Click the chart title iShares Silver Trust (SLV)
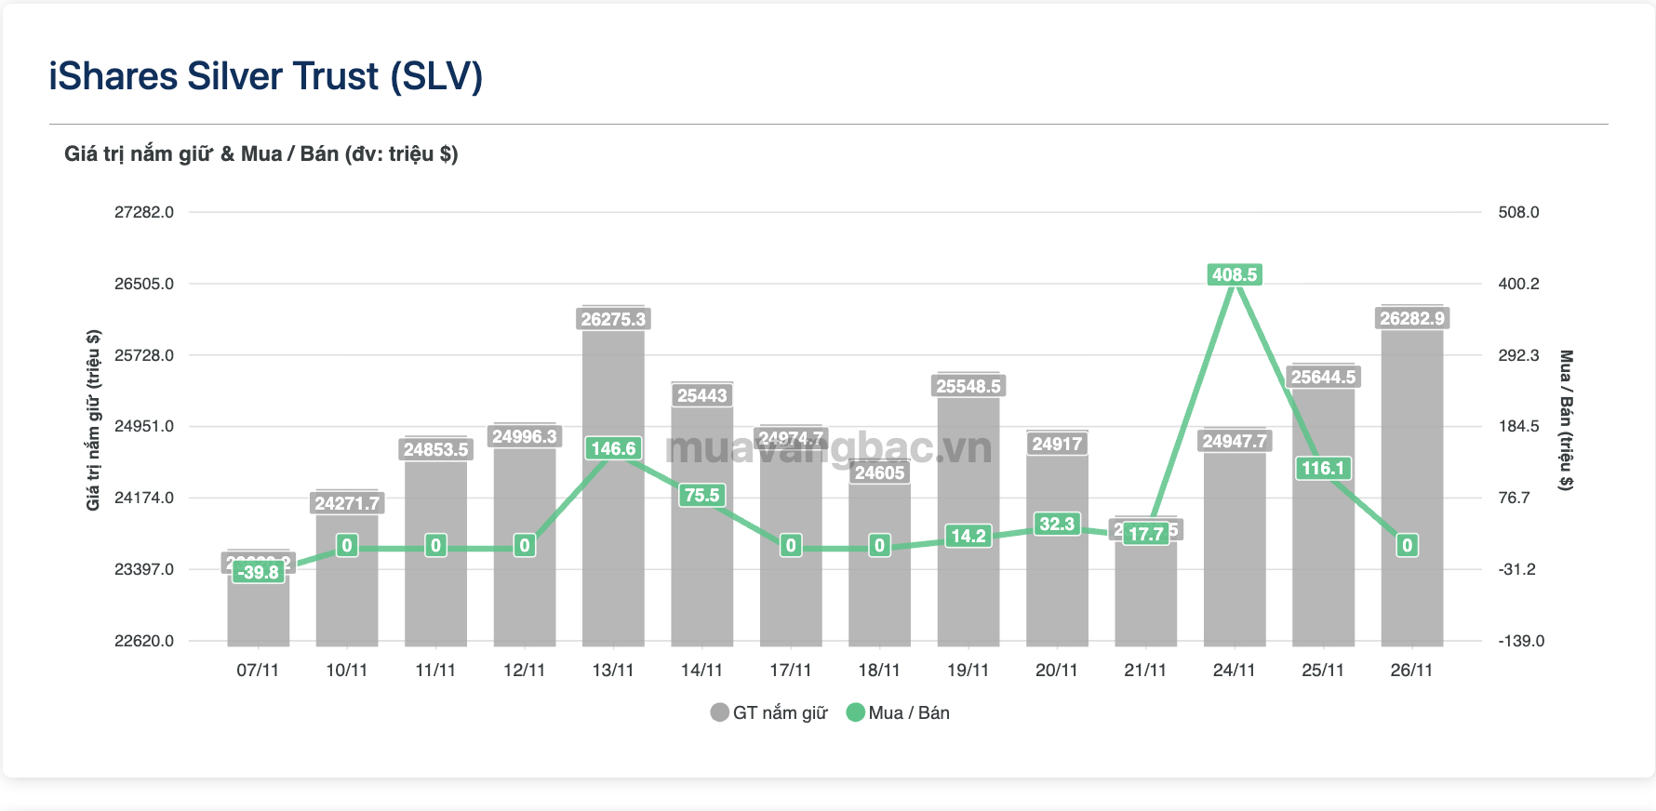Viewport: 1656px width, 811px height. tap(266, 76)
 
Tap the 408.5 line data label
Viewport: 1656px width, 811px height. tap(1235, 274)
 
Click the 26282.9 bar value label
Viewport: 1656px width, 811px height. tap(1412, 318)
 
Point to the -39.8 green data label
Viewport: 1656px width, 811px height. tap(258, 572)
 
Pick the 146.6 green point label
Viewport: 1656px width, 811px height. tap(613, 448)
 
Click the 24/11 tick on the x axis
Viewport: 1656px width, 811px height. tap(1234, 670)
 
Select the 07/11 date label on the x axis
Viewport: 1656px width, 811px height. tap(258, 670)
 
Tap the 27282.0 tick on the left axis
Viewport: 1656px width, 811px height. tap(144, 212)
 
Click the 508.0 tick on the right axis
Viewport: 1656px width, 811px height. tap(1518, 212)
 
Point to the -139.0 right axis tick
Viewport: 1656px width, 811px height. tap(1521, 641)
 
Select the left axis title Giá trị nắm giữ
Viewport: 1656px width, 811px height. tap(93, 419)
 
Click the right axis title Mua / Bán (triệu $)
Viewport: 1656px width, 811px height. tap(1567, 419)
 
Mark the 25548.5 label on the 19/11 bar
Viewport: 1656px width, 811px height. tap(968, 386)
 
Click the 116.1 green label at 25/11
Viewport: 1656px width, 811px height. tap(1323, 468)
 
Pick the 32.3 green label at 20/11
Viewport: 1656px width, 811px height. tap(1057, 524)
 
